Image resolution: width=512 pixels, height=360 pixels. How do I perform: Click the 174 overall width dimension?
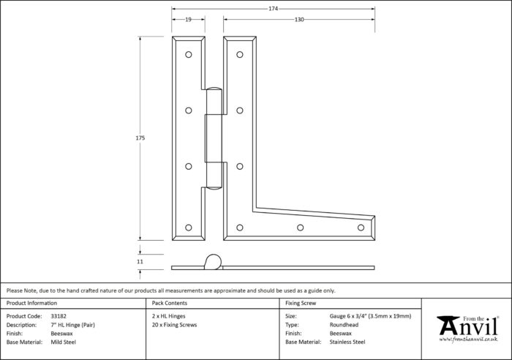point(274,9)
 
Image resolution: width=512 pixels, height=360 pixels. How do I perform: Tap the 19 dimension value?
point(189,20)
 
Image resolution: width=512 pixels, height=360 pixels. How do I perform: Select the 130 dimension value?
point(299,20)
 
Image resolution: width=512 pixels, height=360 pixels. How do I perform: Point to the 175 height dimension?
point(140,138)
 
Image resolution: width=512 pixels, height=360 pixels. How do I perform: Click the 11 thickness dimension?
point(140,261)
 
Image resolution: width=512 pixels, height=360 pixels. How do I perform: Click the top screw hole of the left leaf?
point(189,55)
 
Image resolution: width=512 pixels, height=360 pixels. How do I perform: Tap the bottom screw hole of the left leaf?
point(189,228)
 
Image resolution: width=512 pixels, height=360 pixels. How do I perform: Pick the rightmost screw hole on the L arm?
point(361,228)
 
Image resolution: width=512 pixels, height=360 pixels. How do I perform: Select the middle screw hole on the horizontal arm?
point(301,228)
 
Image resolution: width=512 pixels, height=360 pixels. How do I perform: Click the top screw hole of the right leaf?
point(240,55)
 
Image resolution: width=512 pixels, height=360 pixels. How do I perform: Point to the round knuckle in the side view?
point(214,262)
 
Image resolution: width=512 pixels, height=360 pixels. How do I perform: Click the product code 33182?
point(59,316)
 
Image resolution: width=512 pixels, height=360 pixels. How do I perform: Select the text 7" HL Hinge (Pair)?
point(73,325)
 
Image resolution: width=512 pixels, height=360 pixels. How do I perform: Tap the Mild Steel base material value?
point(64,342)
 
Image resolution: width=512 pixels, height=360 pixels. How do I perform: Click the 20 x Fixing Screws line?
point(174,325)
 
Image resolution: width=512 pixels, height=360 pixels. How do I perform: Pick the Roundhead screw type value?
point(344,325)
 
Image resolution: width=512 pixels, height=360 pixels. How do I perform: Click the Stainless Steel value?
point(347,342)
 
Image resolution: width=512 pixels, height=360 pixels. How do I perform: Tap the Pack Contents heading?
point(170,303)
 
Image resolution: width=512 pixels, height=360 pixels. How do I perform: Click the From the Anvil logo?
point(468,329)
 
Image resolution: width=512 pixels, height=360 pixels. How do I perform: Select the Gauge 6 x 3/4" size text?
point(349,316)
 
